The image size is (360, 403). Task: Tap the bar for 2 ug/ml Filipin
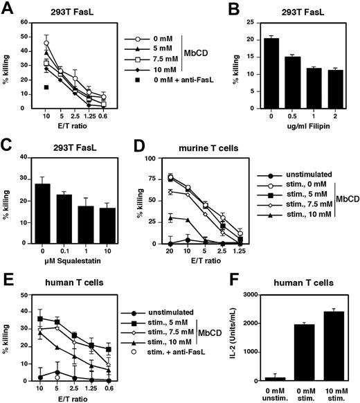(339, 94)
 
